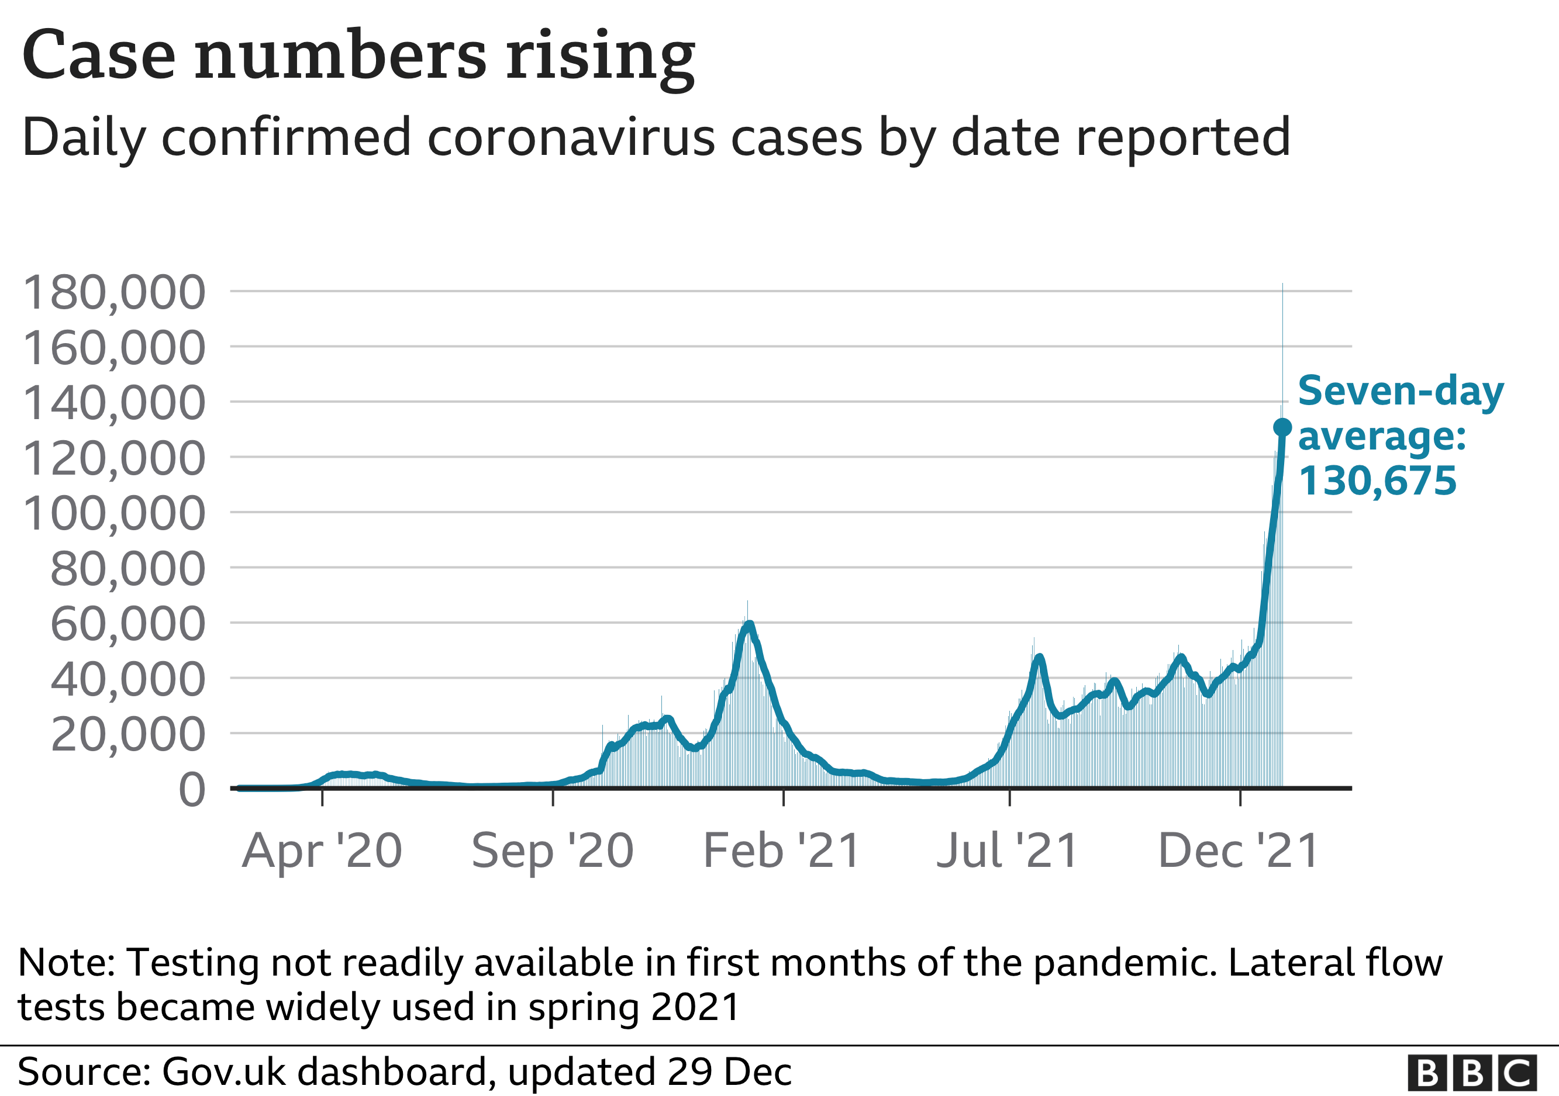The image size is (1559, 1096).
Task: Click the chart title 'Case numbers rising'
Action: click(x=358, y=56)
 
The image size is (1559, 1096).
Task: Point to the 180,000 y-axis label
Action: click(x=114, y=293)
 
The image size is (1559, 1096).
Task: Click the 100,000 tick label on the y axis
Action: click(x=114, y=514)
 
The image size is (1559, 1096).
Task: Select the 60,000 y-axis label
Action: click(x=127, y=624)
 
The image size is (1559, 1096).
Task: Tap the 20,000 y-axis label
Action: click(x=127, y=735)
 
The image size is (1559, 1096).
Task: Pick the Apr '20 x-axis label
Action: click(x=322, y=851)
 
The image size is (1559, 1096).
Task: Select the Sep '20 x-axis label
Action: click(x=553, y=851)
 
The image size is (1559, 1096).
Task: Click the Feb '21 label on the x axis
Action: click(x=782, y=851)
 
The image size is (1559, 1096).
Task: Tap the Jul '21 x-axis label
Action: click(x=1008, y=851)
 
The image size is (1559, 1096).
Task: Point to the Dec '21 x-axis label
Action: click(x=1239, y=851)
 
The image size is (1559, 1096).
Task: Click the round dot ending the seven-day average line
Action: click(x=1282, y=427)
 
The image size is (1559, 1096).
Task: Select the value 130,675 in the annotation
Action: click(x=1377, y=481)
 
